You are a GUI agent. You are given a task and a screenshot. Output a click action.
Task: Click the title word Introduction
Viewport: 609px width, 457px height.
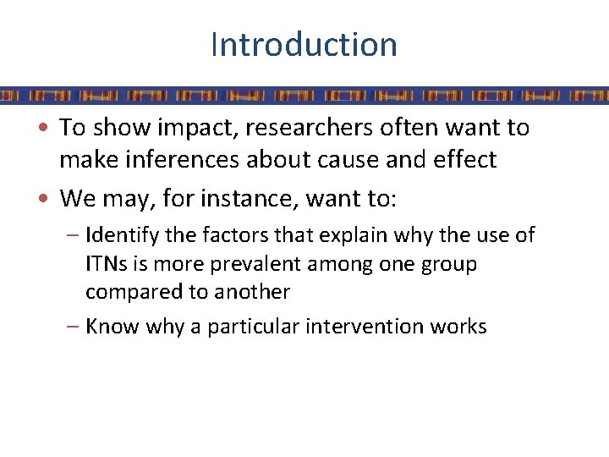point(304,44)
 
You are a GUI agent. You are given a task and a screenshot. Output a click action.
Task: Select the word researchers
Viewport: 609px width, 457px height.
point(298,128)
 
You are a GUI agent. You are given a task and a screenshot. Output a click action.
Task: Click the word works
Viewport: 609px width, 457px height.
point(458,327)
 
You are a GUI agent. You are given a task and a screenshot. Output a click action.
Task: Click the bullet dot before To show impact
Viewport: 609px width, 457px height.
point(51,129)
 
